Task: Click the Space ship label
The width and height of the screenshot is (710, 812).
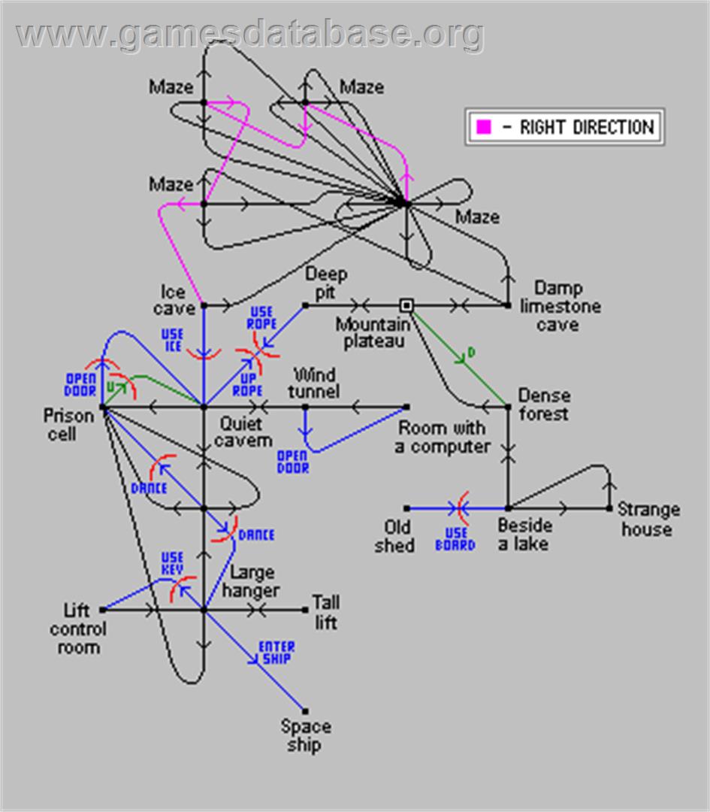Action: [306, 735]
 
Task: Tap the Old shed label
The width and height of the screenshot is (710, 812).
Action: [395, 536]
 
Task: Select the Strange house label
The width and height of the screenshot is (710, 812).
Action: [648, 519]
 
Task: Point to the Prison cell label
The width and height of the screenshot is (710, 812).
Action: [68, 425]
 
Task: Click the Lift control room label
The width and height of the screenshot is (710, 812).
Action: [78, 629]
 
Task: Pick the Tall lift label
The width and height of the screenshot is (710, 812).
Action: [326, 612]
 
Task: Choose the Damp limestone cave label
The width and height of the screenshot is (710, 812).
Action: [560, 306]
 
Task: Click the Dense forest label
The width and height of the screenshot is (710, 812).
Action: [545, 404]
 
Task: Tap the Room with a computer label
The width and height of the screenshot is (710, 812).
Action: [443, 437]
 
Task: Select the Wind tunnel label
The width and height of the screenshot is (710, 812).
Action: [313, 383]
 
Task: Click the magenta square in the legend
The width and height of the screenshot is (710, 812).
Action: [483, 126]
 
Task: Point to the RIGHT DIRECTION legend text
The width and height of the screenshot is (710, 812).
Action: [587, 127]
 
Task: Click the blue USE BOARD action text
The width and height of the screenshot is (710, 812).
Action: [455, 539]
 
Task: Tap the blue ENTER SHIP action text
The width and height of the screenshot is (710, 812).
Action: [276, 653]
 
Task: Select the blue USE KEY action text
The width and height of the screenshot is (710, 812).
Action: [172, 563]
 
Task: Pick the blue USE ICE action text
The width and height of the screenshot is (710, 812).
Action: [172, 341]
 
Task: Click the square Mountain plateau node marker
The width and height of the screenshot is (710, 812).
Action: [406, 305]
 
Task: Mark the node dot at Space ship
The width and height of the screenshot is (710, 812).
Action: [305, 711]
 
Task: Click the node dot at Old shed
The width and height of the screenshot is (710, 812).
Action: [406, 508]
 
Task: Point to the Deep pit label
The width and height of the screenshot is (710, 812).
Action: [326, 283]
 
